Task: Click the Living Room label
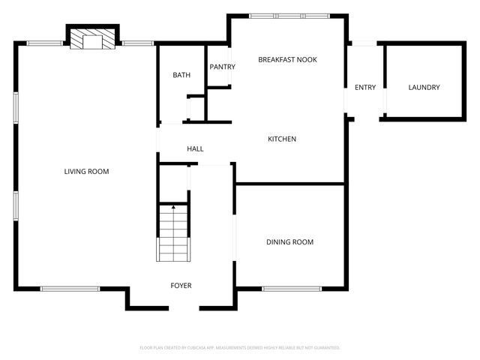click(x=86, y=172)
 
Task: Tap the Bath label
click(x=181, y=75)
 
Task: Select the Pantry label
click(x=222, y=67)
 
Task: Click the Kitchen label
click(x=283, y=139)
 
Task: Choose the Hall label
click(x=195, y=148)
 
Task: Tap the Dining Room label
click(x=289, y=241)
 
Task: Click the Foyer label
click(x=181, y=286)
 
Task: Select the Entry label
click(x=365, y=88)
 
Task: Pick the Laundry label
click(x=424, y=88)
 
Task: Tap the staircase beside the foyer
click(x=173, y=232)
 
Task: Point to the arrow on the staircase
click(x=173, y=207)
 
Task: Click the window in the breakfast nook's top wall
click(x=288, y=15)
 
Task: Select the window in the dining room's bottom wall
click(x=292, y=289)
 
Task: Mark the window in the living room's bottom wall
click(x=70, y=289)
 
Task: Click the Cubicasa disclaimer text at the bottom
click(x=240, y=348)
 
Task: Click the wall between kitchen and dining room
click(x=290, y=183)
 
